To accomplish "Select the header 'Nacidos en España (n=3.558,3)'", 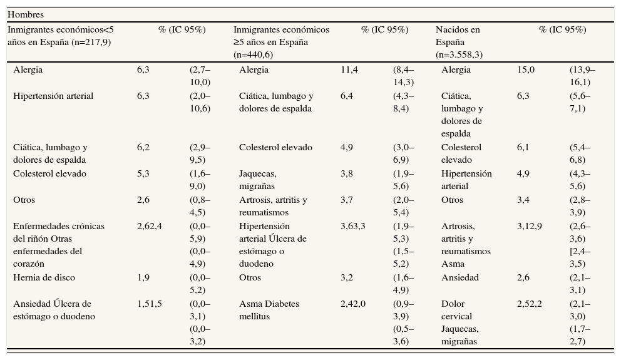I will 459,42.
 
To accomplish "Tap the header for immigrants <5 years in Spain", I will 61,36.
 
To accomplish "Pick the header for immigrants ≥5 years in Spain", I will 281,42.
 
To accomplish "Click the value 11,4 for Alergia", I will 349,69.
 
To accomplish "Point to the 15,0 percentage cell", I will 526,69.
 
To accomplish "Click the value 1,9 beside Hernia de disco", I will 143,277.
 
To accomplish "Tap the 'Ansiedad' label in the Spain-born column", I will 459,277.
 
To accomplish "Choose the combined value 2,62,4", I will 150,226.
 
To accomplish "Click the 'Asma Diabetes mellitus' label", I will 269,310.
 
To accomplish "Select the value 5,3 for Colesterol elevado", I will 143,173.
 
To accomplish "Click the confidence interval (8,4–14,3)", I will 403,76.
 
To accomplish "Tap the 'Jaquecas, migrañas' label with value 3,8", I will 258,180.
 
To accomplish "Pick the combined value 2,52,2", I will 530,304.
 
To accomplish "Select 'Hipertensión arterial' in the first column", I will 53,96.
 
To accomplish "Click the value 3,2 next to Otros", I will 347,277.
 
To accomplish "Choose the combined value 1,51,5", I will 150,304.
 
